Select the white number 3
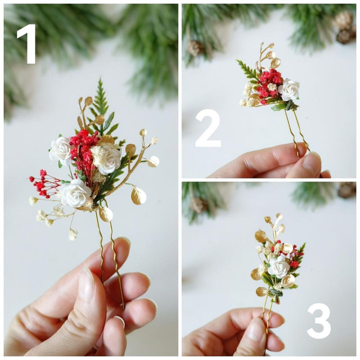click(319, 321)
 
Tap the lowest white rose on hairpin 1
click(75, 193)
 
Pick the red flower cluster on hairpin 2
click(269, 84)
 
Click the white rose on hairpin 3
click(279, 266)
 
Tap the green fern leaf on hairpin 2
click(248, 69)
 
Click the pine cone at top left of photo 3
click(197, 204)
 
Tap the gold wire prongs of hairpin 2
click(297, 130)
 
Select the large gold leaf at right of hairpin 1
click(138, 195)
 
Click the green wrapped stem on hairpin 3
click(276, 292)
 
